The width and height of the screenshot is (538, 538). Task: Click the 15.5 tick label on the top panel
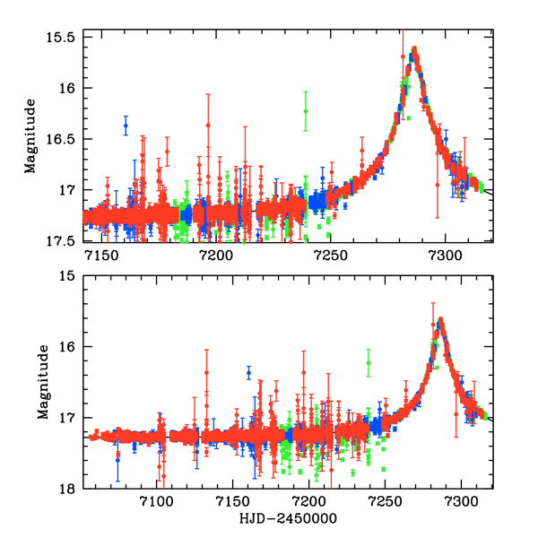pos(61,37)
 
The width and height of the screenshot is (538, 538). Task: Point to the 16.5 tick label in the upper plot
pos(61,139)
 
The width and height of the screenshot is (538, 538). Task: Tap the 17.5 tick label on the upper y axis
pos(61,241)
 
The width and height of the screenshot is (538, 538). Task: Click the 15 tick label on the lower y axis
pos(66,276)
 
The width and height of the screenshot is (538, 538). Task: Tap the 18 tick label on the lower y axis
pos(66,489)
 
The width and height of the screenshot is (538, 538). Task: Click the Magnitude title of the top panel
pos(30,139)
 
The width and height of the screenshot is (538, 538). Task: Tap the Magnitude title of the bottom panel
pos(42,383)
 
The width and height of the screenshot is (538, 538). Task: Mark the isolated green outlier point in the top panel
pos(306,111)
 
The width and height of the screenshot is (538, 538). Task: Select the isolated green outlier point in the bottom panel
pos(369,362)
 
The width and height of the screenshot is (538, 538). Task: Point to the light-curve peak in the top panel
pos(414,49)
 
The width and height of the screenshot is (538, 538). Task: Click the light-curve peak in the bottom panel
pos(440,320)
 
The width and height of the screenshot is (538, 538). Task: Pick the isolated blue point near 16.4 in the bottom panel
pos(248,372)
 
